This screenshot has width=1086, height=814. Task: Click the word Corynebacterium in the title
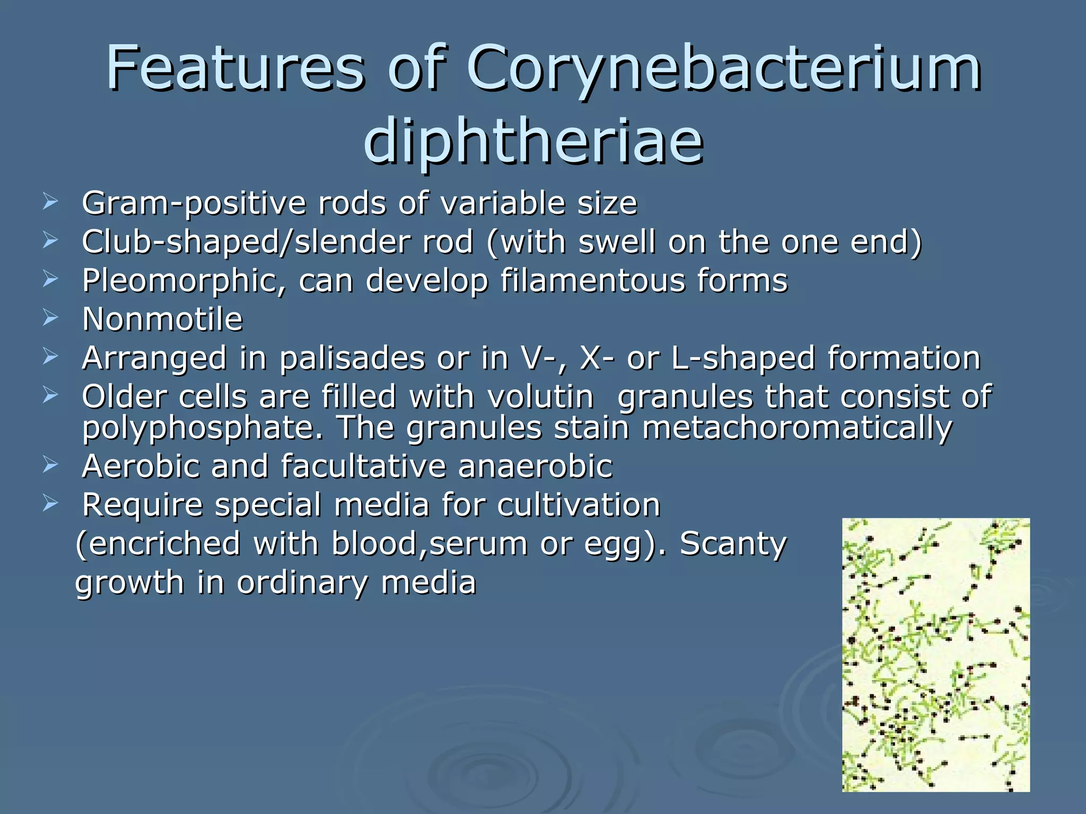pos(723,69)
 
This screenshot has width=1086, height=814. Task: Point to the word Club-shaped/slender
pos(246,242)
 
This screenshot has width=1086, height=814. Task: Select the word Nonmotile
pos(162,320)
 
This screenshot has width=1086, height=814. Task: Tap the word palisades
pos(352,358)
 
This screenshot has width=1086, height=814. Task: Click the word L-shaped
pos(743,358)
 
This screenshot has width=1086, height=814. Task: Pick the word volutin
pos(540,397)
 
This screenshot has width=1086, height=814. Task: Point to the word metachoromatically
pos(797,428)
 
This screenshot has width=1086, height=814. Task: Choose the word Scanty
pos(733,544)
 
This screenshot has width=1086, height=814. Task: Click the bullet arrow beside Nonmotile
pos(50,318)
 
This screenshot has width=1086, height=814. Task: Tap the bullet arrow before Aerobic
pos(50,465)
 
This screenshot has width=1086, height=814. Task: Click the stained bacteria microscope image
pos(936,655)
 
